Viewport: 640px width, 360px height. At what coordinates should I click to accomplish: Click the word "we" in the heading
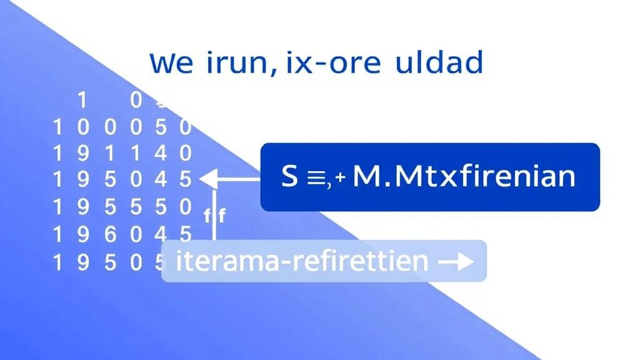[171, 64]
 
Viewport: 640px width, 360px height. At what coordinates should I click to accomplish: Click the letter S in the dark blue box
[289, 177]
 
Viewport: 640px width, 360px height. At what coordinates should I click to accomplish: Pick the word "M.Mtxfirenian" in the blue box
[464, 177]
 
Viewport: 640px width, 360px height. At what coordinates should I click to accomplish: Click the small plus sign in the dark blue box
[340, 178]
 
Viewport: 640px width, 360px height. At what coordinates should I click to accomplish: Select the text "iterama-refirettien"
[302, 260]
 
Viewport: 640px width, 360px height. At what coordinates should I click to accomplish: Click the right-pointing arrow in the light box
[456, 261]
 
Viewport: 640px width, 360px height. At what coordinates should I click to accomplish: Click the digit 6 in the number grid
[110, 234]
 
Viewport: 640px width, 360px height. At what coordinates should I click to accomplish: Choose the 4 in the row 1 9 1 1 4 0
[160, 152]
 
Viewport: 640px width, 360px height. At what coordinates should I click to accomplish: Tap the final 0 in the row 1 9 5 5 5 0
[185, 206]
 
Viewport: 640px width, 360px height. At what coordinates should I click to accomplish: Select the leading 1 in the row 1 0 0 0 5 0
[58, 127]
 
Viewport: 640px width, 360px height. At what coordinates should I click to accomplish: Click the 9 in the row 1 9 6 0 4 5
[84, 234]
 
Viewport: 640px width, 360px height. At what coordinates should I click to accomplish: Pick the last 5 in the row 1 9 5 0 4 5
[185, 180]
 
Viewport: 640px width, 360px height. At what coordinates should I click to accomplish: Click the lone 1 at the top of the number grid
[80, 100]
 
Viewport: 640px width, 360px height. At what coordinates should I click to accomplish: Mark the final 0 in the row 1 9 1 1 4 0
[185, 152]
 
